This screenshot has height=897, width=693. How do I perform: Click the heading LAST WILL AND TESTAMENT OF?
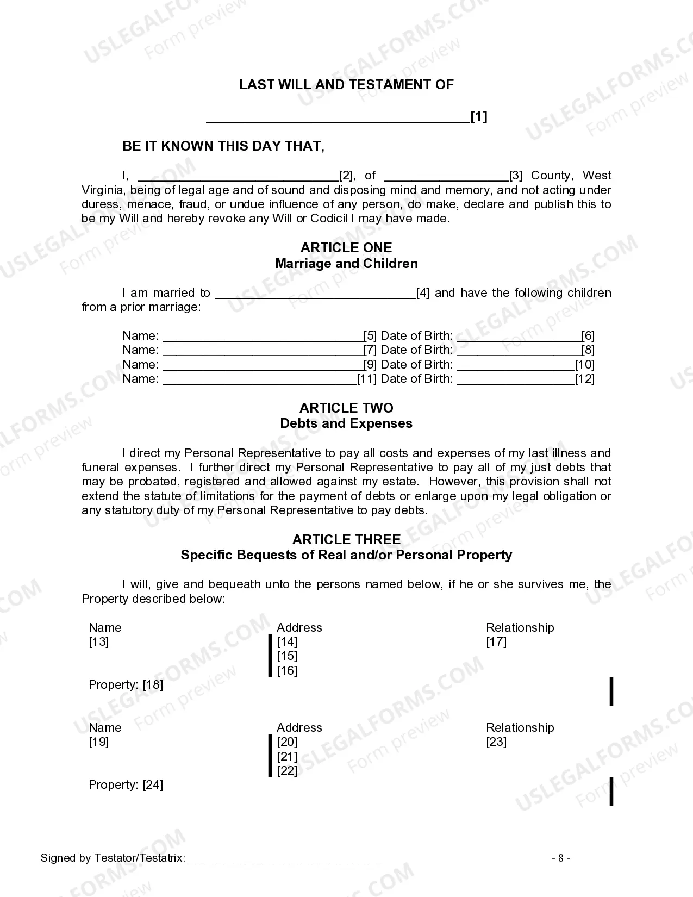point(346,85)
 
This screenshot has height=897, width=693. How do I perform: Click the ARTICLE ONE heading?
point(346,248)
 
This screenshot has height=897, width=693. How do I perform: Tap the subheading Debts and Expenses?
point(346,423)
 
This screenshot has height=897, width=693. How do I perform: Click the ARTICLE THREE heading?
point(346,539)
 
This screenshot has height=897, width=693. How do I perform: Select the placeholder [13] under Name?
point(99,642)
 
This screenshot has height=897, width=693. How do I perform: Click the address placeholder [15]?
point(287,656)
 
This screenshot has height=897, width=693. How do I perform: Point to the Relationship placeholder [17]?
point(496,642)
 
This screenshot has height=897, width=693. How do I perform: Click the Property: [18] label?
point(126,685)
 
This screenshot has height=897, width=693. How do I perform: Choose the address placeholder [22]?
point(287,771)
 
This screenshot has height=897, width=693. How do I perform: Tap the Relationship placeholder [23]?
point(496,742)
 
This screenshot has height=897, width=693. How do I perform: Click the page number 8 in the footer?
point(561,858)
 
